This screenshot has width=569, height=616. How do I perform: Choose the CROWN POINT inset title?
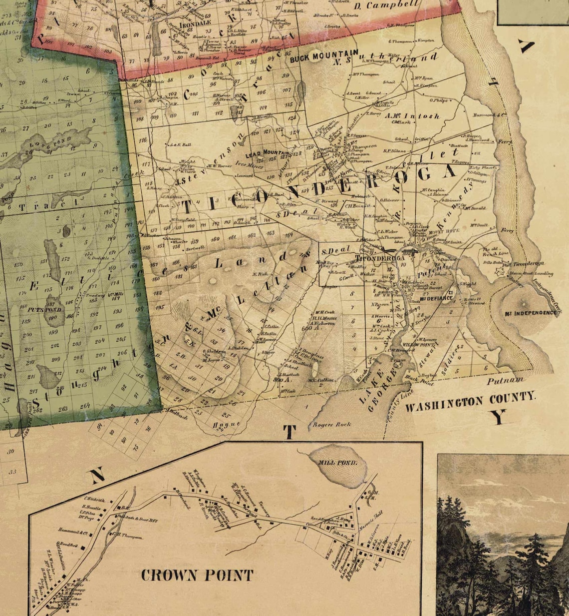(x=197, y=575)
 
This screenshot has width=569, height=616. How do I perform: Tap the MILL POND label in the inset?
(x=338, y=463)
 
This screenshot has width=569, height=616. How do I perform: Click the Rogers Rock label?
(x=331, y=425)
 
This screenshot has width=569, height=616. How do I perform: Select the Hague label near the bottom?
(x=226, y=425)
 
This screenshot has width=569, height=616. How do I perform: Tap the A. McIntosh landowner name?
(x=412, y=116)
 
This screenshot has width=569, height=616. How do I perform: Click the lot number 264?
(x=84, y=406)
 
